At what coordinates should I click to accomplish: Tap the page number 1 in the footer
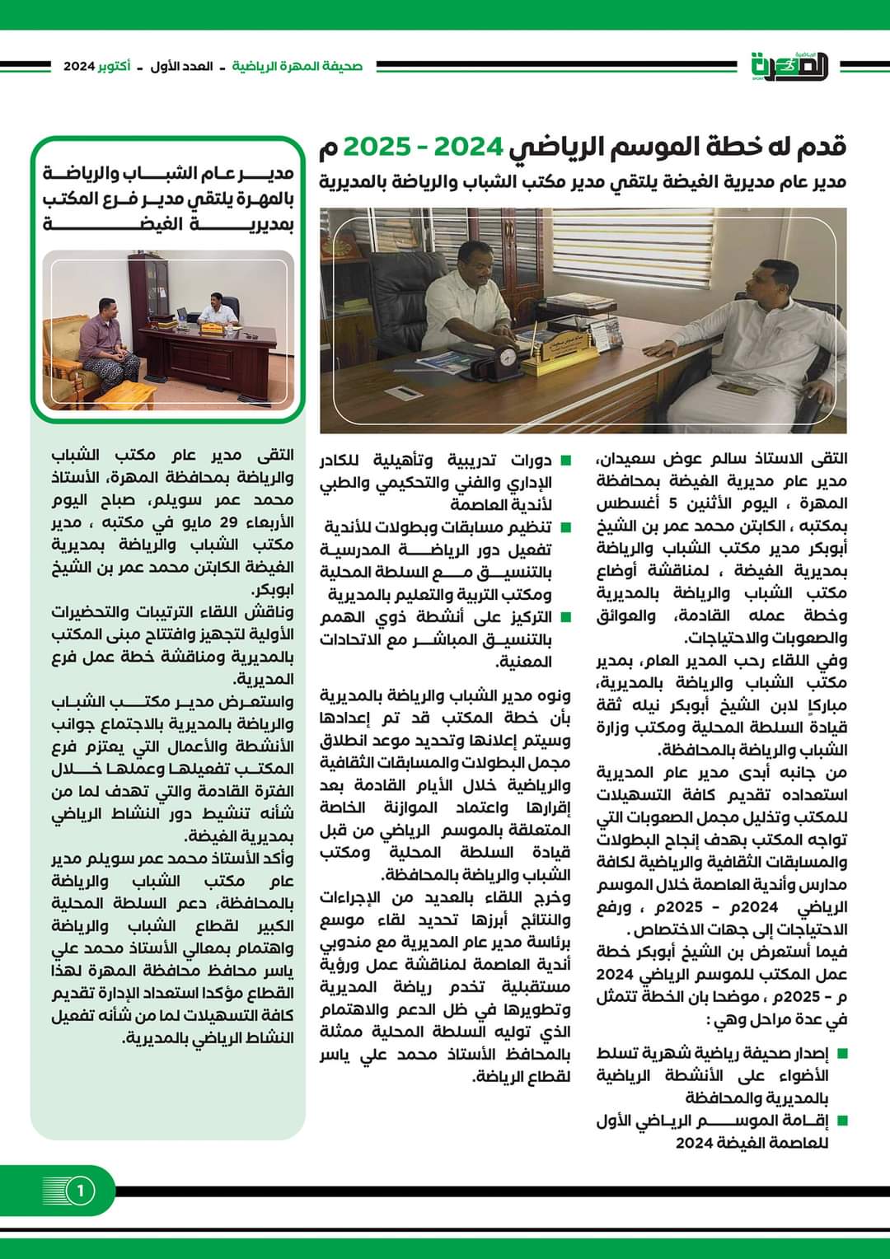pyautogui.click(x=80, y=1191)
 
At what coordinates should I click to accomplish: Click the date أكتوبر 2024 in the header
pyautogui.click(x=96, y=66)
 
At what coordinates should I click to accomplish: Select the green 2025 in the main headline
pyautogui.click(x=377, y=147)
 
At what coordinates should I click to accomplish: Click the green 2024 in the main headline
pyautogui.click(x=469, y=147)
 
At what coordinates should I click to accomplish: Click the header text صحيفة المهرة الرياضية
pyautogui.click(x=297, y=66)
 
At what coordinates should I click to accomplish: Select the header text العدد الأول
pyautogui.click(x=181, y=66)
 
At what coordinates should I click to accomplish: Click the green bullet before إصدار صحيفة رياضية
pyautogui.click(x=842, y=1053)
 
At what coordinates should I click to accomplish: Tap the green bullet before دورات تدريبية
pyautogui.click(x=565, y=460)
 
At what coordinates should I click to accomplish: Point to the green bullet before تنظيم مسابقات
pyautogui.click(x=565, y=527)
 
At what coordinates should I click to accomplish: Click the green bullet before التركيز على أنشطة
pyautogui.click(x=565, y=617)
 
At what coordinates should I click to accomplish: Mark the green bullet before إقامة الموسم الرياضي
pyautogui.click(x=842, y=1121)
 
